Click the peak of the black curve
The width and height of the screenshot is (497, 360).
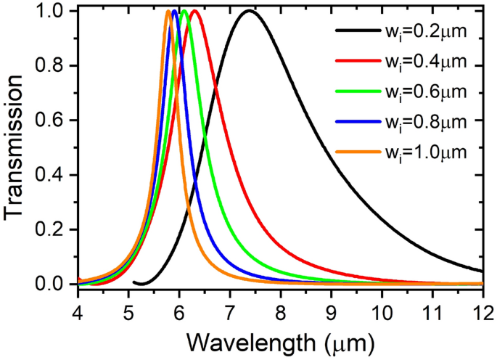[249, 12]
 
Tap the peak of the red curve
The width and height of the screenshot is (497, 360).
[194, 12]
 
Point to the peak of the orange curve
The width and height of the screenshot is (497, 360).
[168, 12]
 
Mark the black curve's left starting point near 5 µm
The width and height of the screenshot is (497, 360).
[134, 282]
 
